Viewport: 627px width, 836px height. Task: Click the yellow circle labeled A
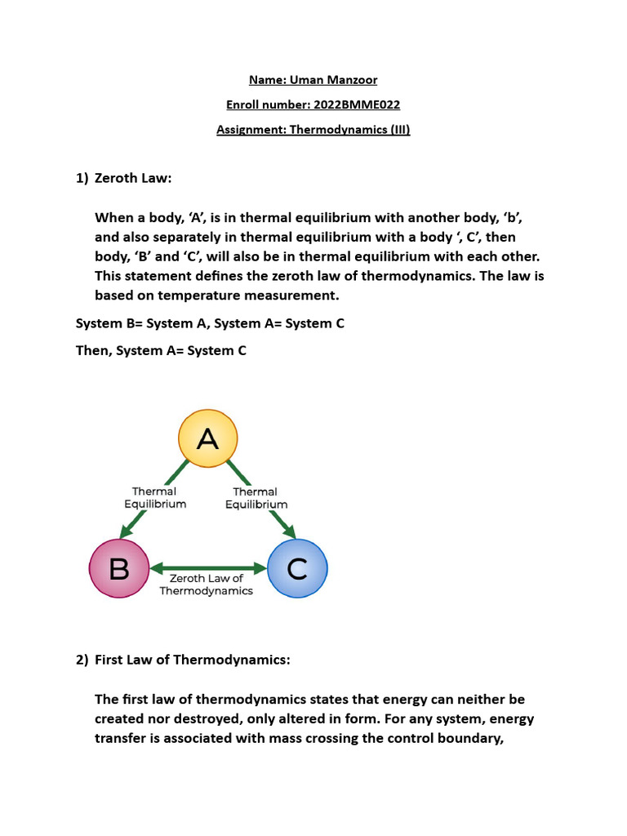pyautogui.click(x=208, y=439)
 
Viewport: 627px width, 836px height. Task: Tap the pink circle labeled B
pyautogui.click(x=119, y=568)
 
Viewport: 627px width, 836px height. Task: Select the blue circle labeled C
pyautogui.click(x=297, y=568)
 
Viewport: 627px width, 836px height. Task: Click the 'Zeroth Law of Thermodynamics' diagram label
pyautogui.click(x=206, y=585)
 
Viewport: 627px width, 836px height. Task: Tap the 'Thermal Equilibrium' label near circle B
pyautogui.click(x=155, y=498)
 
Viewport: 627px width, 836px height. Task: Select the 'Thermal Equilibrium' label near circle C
pyautogui.click(x=256, y=498)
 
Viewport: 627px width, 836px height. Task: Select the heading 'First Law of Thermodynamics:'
pyautogui.click(x=193, y=660)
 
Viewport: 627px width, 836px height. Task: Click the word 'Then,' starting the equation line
pyautogui.click(x=94, y=350)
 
